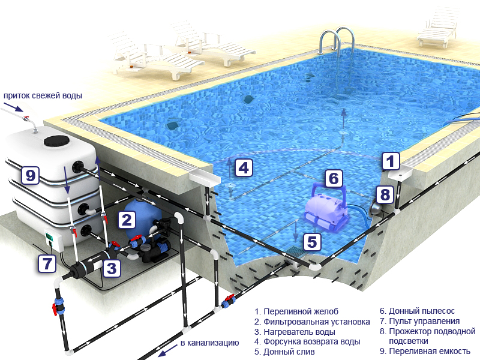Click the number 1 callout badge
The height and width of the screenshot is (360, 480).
391,161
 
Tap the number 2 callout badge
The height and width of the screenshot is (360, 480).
127,220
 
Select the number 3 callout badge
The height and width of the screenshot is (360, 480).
112,268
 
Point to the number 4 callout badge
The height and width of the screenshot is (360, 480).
244,168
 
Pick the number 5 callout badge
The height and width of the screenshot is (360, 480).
312,242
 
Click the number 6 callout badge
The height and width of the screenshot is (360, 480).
334,178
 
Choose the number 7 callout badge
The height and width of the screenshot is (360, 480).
47,263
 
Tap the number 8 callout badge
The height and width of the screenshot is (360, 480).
385,194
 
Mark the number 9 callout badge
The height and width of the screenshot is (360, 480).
31,175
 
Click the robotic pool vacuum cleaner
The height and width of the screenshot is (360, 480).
326,207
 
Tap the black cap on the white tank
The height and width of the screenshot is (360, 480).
56,141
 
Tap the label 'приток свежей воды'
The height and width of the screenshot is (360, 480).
43,95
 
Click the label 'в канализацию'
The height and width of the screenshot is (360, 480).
209,343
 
